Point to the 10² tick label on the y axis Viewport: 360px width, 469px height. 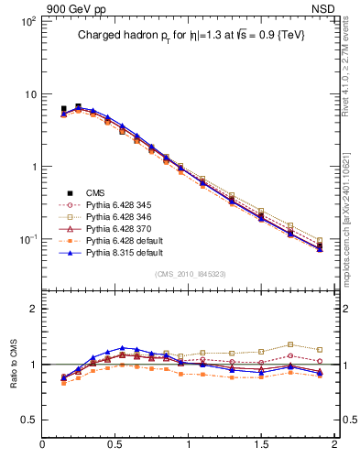(x=27, y=21)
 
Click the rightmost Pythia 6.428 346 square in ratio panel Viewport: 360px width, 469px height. (x=319, y=349)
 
